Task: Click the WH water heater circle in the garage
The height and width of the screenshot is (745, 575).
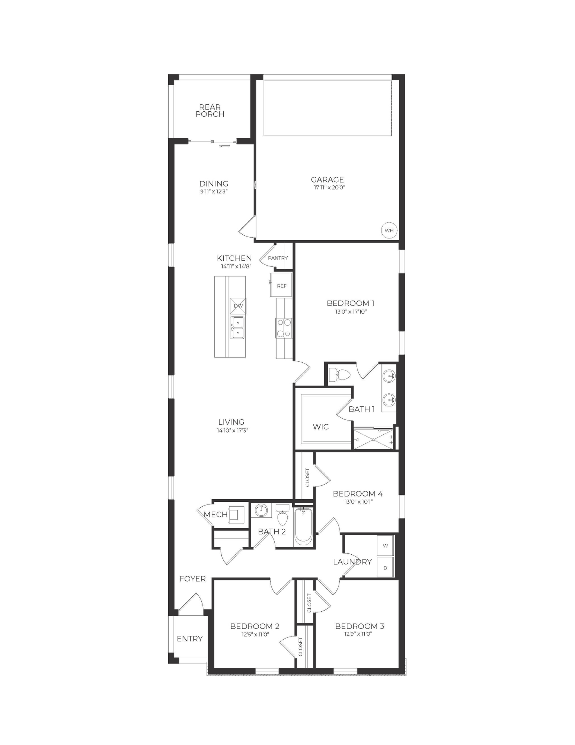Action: click(389, 230)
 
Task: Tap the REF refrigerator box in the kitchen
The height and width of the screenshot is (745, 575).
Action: click(281, 286)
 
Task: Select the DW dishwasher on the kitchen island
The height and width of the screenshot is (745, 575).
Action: click(238, 306)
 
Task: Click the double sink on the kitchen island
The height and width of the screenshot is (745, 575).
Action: click(237, 327)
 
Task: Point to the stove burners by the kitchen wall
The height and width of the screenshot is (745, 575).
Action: click(284, 327)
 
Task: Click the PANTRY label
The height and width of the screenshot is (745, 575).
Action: click(278, 258)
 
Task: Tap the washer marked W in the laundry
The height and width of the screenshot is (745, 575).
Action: click(386, 545)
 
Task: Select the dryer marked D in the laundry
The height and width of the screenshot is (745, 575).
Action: click(386, 568)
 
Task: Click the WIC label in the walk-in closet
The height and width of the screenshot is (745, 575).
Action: click(320, 427)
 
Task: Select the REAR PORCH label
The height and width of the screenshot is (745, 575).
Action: click(210, 111)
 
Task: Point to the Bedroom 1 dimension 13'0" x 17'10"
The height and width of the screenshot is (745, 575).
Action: click(351, 312)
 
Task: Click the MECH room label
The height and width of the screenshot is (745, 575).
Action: click(215, 514)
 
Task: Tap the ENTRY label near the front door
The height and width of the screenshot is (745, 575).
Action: click(189, 638)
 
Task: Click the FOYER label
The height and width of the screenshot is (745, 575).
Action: click(192, 578)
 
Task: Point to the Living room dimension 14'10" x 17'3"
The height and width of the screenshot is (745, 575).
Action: click(233, 430)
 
